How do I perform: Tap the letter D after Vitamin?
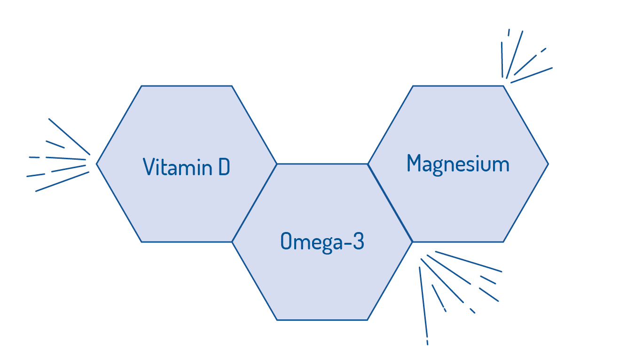(224, 167)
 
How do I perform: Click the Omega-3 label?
(322, 242)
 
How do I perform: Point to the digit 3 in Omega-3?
(358, 242)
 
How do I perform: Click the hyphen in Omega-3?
(345, 243)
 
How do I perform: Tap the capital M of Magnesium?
(414, 163)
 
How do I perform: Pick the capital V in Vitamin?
(149, 167)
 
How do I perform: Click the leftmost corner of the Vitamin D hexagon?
(97, 164)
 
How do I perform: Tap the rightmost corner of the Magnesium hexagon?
(548, 164)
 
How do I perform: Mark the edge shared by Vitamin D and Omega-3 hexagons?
(254, 203)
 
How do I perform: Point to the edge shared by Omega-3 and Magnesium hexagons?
(390, 203)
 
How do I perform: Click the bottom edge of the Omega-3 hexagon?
(322, 320)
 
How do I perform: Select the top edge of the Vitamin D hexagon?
(187, 86)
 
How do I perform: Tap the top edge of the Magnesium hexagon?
(458, 86)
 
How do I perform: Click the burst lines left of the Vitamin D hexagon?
(61, 160)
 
